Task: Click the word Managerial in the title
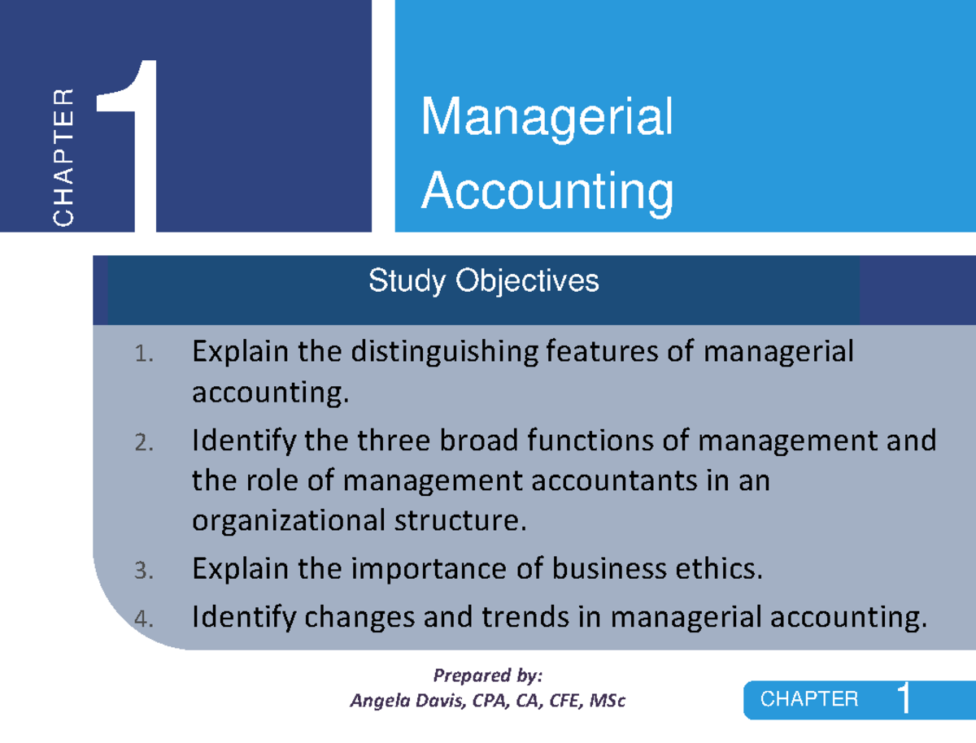pyautogui.click(x=547, y=118)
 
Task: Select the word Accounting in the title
pyautogui.click(x=547, y=192)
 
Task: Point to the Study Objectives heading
pyautogui.click(x=483, y=281)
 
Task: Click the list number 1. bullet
pyautogui.click(x=143, y=354)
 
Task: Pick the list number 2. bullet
pyautogui.click(x=143, y=443)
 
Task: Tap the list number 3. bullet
pyautogui.click(x=143, y=572)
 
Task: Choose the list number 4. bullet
pyautogui.click(x=143, y=620)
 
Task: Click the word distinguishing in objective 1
pyautogui.click(x=444, y=354)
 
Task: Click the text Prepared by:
pyautogui.click(x=487, y=676)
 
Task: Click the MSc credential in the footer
pyautogui.click(x=607, y=700)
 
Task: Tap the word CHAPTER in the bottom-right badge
pyautogui.click(x=809, y=699)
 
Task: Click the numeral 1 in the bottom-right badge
pyautogui.click(x=904, y=700)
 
